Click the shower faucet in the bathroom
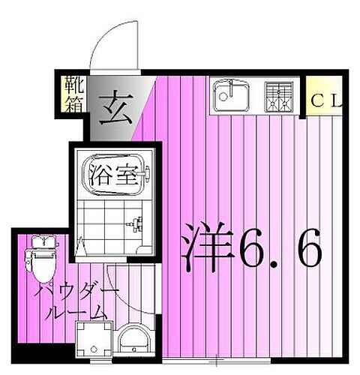point(136,223)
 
